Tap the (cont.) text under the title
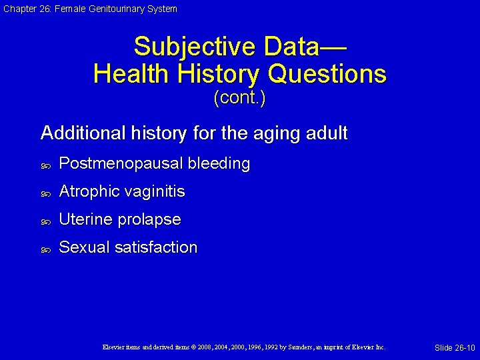[x=239, y=99]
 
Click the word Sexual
[x=85, y=248]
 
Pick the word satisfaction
[x=156, y=248]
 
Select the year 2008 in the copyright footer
[x=205, y=347]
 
